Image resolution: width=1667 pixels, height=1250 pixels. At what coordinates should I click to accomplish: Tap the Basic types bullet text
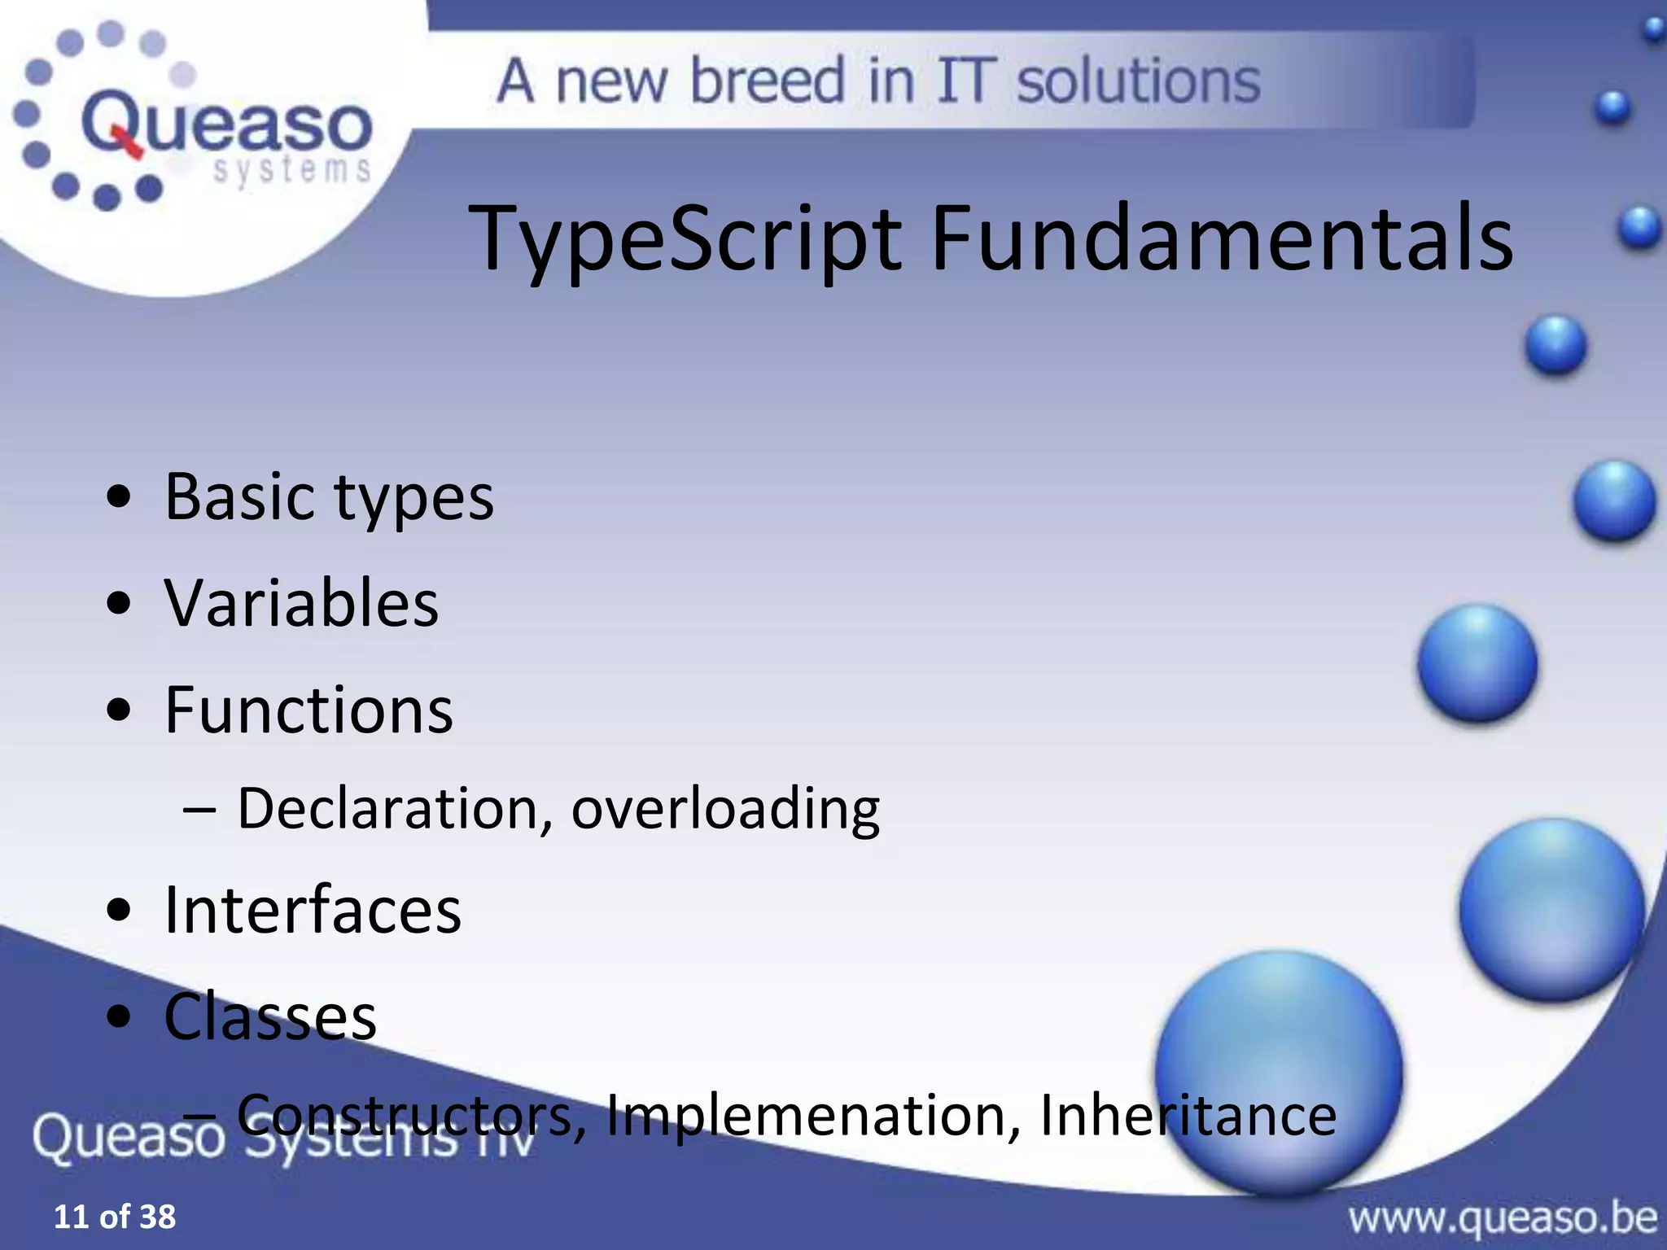(x=329, y=497)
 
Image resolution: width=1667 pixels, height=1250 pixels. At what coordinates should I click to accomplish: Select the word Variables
(x=301, y=604)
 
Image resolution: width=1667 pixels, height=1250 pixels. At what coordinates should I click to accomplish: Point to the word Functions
(x=308, y=710)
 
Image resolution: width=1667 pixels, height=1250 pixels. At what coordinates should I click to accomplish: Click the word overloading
(x=724, y=810)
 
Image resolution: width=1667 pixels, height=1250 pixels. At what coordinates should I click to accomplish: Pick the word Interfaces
(x=313, y=910)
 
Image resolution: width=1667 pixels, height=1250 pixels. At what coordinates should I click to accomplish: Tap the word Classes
(x=270, y=1017)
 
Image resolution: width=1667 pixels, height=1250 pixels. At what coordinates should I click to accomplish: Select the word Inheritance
(x=1188, y=1115)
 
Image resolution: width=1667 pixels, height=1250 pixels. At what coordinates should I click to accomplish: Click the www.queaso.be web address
(x=1502, y=1218)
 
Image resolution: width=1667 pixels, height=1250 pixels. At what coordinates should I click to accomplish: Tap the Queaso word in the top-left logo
(x=226, y=125)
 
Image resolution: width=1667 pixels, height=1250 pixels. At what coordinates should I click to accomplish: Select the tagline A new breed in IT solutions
(x=879, y=81)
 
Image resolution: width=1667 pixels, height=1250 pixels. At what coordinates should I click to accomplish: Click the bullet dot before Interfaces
(x=119, y=911)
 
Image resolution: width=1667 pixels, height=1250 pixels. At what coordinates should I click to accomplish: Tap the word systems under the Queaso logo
(x=291, y=172)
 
